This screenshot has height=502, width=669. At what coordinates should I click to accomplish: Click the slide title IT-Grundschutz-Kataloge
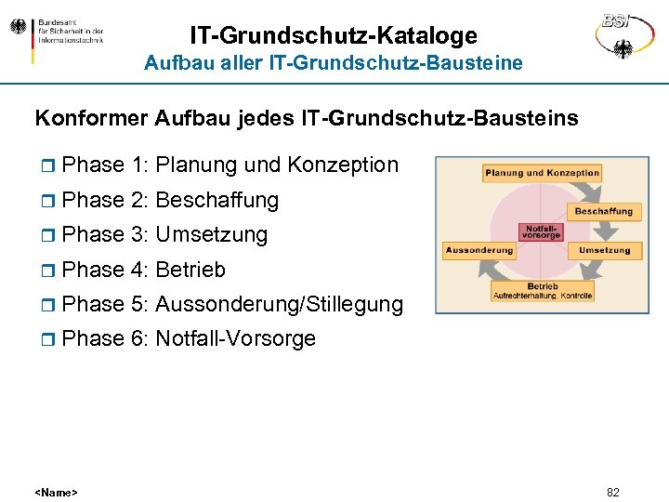coord(334,35)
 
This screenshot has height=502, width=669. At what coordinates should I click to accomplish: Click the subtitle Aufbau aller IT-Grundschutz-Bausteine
coord(334,63)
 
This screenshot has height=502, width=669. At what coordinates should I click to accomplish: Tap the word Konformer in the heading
coord(91,119)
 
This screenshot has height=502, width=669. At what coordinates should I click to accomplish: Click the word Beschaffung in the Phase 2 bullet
coord(217,200)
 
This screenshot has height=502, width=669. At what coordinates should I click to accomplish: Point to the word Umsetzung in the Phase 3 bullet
coord(212,235)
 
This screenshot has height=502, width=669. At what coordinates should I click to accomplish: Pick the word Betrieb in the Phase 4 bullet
coord(190,270)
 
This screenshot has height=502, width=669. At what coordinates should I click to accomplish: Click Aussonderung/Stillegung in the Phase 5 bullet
coord(280,304)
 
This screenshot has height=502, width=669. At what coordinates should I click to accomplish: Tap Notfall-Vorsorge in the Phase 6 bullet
coord(236,339)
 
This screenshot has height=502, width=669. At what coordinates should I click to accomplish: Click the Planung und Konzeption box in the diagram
coord(542,173)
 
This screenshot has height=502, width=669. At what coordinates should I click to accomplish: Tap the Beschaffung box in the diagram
coord(603,211)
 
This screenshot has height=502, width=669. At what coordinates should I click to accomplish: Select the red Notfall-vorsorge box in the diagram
coord(542,231)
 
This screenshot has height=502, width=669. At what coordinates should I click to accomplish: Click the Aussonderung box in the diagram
coord(479,250)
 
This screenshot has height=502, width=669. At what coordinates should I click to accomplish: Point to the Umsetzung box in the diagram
coord(604,250)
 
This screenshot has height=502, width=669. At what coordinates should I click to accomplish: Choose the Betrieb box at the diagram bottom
coord(542,290)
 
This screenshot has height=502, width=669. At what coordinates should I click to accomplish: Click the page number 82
coord(612,492)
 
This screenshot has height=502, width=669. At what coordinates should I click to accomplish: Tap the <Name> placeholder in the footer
coord(56,492)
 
